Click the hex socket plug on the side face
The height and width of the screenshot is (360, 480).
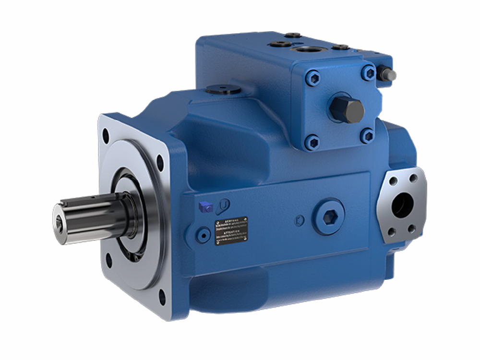tap(329, 217)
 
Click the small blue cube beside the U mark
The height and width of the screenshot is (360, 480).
tap(206, 207)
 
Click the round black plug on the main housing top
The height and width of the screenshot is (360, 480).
tap(222, 89)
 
